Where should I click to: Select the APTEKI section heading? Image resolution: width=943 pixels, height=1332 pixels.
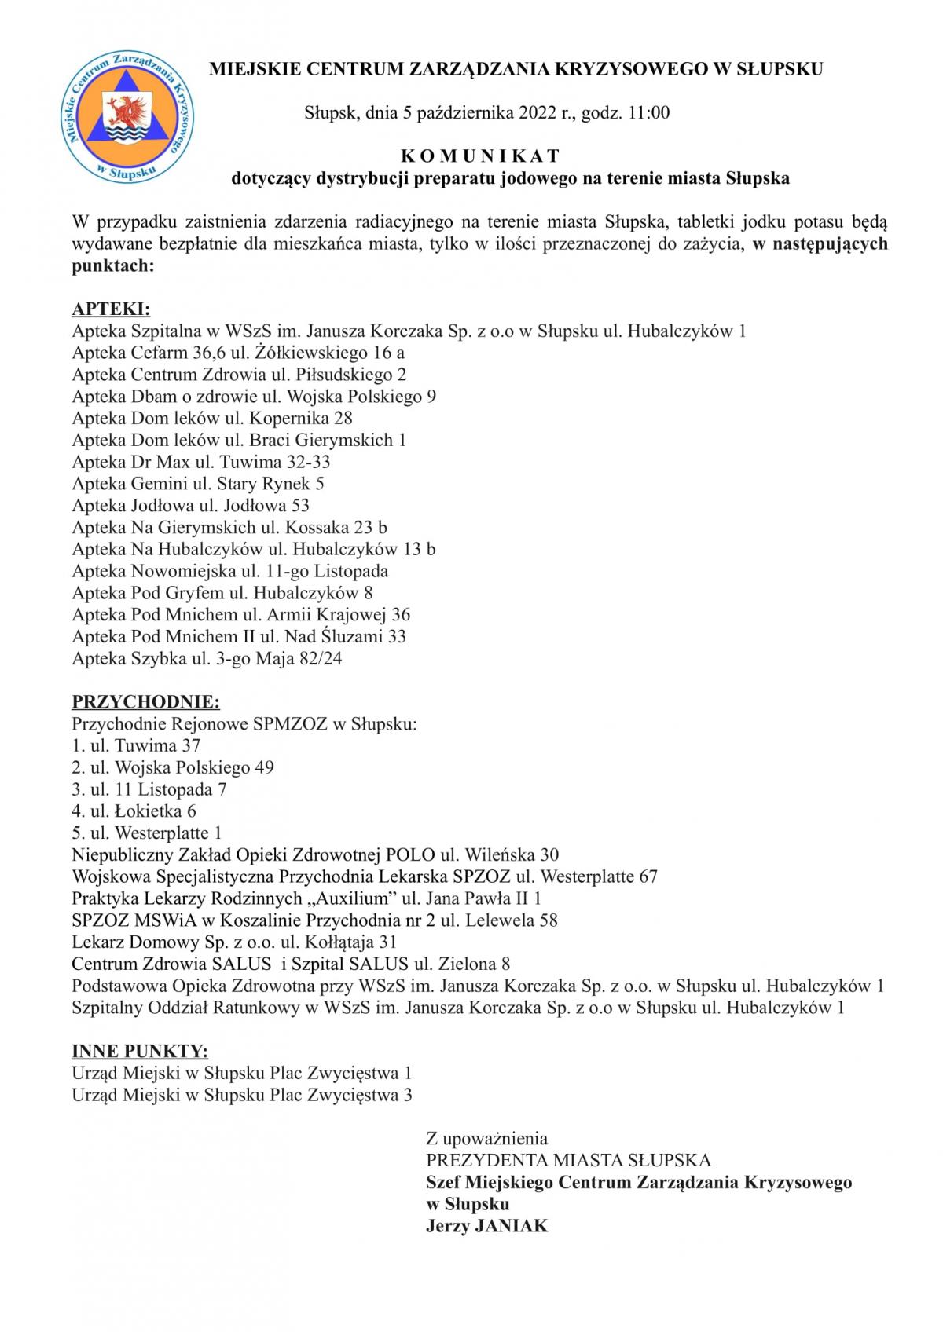pos(111,309)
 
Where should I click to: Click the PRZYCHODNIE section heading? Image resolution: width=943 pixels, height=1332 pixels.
pos(146,701)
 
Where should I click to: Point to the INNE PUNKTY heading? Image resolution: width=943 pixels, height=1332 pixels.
pos(140,1051)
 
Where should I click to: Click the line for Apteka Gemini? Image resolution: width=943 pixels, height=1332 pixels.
pos(198,483)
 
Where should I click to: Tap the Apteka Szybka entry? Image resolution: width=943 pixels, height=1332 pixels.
pos(207,658)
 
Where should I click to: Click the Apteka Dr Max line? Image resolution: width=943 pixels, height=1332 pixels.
pos(201,461)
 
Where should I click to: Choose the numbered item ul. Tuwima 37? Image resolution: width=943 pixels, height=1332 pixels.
pos(136,745)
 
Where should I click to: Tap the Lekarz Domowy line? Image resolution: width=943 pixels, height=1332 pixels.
pos(234,942)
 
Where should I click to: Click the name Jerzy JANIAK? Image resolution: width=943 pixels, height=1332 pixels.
pos(486,1225)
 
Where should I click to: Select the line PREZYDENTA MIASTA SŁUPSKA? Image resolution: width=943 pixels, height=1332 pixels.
pos(568,1160)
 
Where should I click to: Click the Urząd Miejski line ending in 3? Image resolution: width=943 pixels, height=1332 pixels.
pos(242,1095)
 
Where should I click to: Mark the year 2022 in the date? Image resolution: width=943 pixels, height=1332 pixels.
pos(537,112)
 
